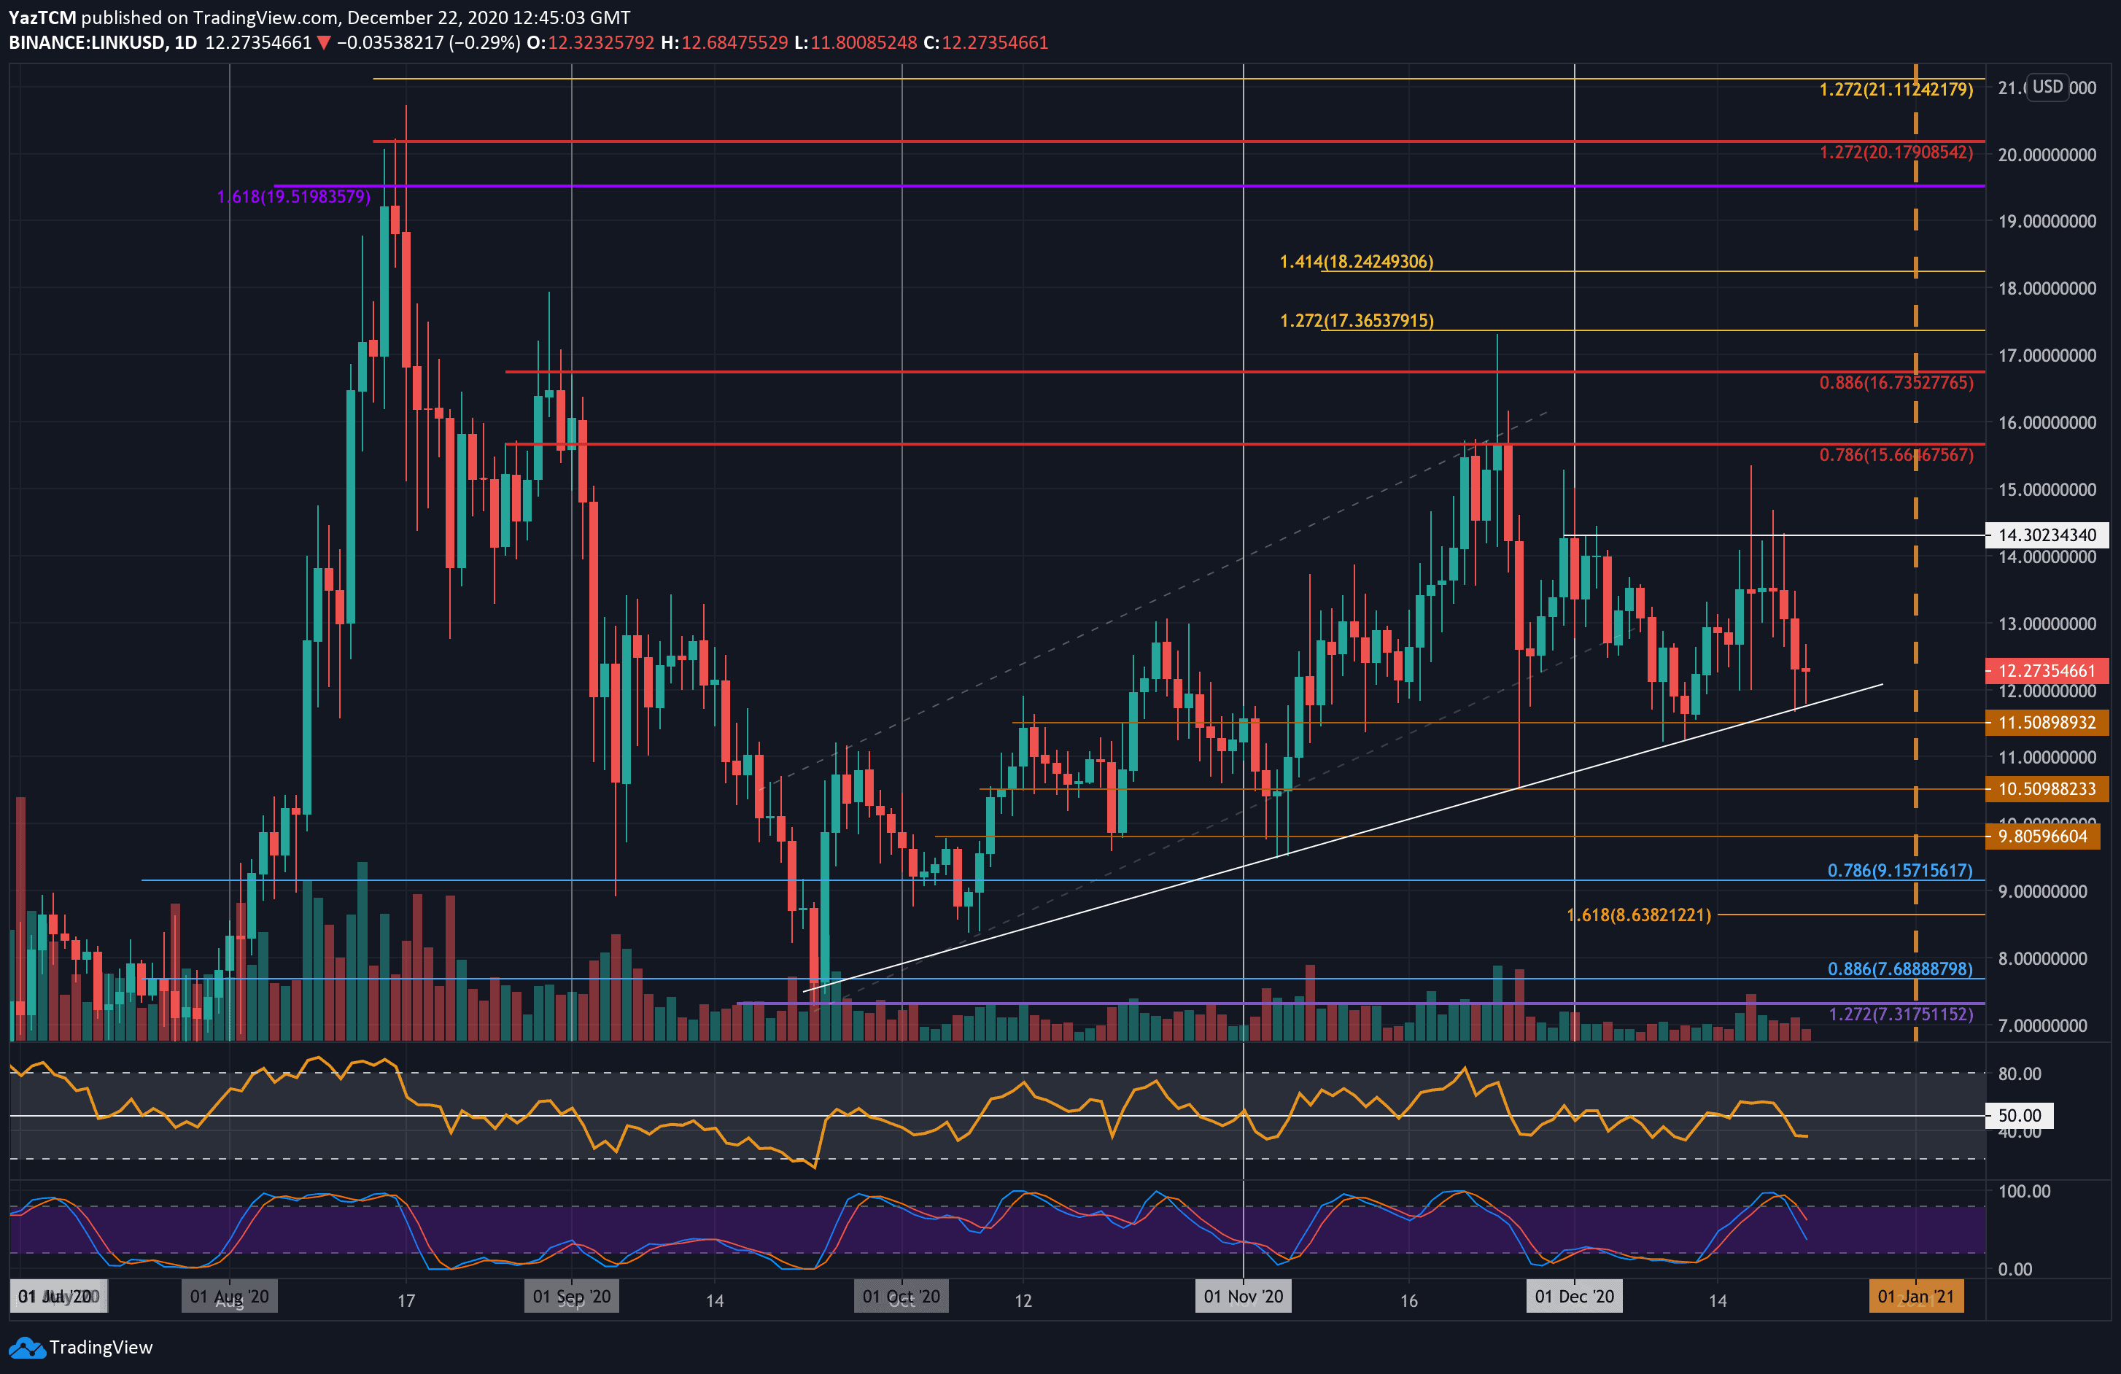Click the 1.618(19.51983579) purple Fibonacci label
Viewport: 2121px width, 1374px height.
[x=293, y=196]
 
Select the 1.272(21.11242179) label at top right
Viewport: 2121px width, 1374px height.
[x=1896, y=89]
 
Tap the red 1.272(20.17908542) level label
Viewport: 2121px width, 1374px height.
[x=1896, y=152]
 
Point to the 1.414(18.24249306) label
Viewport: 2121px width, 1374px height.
[x=1355, y=261]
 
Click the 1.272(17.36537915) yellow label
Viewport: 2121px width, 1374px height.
[x=1357, y=320]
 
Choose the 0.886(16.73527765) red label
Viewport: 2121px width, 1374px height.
[x=1896, y=382]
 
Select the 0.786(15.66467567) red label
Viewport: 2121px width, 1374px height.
[x=1896, y=454]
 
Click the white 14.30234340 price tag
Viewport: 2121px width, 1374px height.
[x=2046, y=535]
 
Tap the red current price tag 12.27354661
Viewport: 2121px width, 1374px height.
[x=2046, y=670]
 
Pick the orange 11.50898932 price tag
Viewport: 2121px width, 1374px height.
[x=2046, y=722]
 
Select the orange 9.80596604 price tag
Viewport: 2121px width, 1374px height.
[x=2042, y=836]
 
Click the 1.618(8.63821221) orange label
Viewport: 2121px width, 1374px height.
[x=1638, y=915]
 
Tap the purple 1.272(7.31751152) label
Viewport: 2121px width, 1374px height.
[x=1900, y=1014]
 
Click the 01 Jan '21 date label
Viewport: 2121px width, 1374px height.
[x=1915, y=1297]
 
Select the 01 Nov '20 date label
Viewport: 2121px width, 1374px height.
[x=1243, y=1297]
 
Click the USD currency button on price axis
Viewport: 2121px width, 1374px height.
[x=2047, y=87]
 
